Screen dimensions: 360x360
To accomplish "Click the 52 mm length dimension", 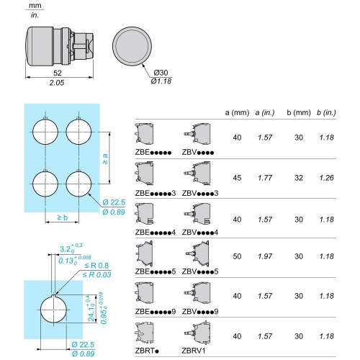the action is [58, 73].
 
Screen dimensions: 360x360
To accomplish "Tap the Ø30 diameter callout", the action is [161, 73].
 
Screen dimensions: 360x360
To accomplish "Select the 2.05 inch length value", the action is [57, 83].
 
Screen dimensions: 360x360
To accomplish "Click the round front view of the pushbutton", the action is [132, 46].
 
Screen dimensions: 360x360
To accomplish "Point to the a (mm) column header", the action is [237, 112].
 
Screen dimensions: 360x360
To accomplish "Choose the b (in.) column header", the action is [326, 112].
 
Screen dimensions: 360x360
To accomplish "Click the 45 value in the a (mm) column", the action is [237, 178].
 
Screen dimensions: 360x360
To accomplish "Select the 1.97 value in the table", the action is [265, 256].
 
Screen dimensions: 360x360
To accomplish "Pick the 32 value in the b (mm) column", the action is [299, 178].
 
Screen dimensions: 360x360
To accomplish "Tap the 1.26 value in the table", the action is [327, 178].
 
